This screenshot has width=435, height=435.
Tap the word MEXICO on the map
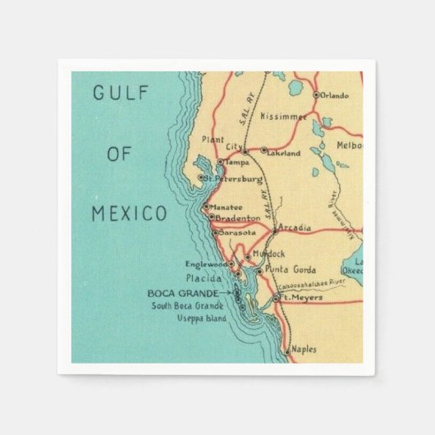tap(126, 213)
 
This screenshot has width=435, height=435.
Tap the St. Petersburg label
tap(236, 178)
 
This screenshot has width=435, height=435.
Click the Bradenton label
tap(239, 218)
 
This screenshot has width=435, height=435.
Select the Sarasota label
tap(237, 233)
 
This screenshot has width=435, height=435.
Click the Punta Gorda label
tap(286, 270)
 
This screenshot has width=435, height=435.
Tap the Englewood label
tap(205, 263)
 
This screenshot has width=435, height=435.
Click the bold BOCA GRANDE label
tap(183, 293)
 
